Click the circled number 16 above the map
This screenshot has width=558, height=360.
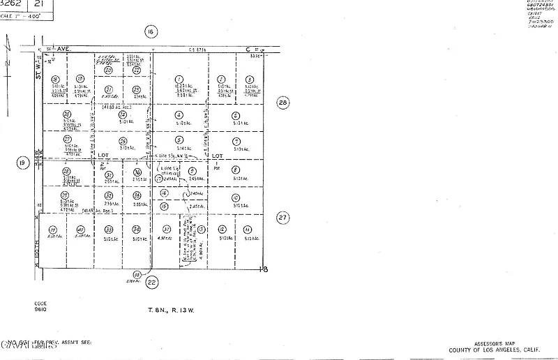click(150, 31)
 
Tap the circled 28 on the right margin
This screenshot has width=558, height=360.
click(282, 102)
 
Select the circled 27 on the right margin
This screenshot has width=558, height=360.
click(282, 217)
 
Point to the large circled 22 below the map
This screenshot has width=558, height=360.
click(152, 282)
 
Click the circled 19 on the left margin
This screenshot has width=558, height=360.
click(22, 163)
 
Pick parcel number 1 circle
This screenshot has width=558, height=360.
click(179, 80)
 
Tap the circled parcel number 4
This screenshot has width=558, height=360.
click(179, 115)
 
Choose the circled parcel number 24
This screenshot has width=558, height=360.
click(123, 114)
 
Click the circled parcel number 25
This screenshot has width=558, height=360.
click(123, 141)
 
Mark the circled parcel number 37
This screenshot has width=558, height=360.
click(167, 229)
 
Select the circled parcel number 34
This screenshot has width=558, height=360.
click(137, 229)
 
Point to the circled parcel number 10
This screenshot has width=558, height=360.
click(236, 197)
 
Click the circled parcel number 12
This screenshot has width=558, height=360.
click(222, 229)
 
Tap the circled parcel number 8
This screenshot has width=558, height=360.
click(236, 170)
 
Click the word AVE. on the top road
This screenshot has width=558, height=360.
click(65, 50)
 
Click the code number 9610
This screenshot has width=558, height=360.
click(40, 310)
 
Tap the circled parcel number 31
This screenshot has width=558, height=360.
click(109, 174)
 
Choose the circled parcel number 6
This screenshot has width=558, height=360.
click(236, 116)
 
